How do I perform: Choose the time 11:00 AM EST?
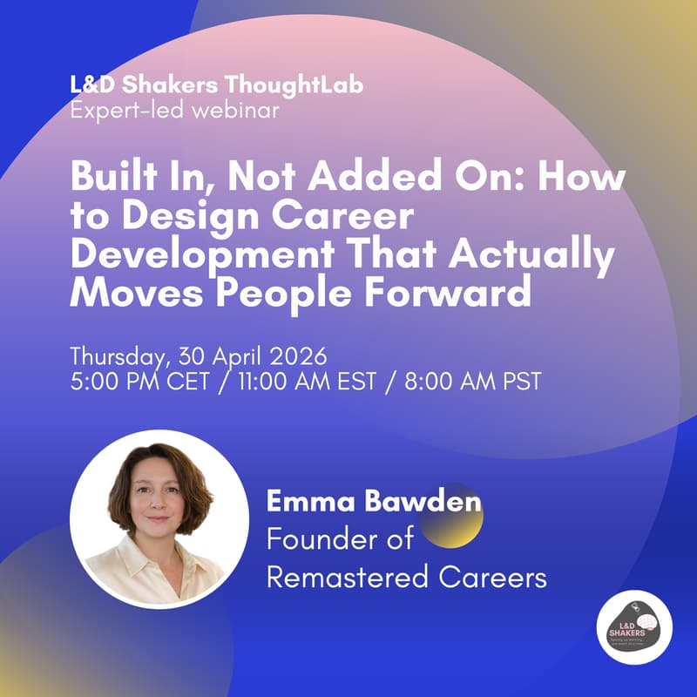pyautogui.click(x=297, y=382)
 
